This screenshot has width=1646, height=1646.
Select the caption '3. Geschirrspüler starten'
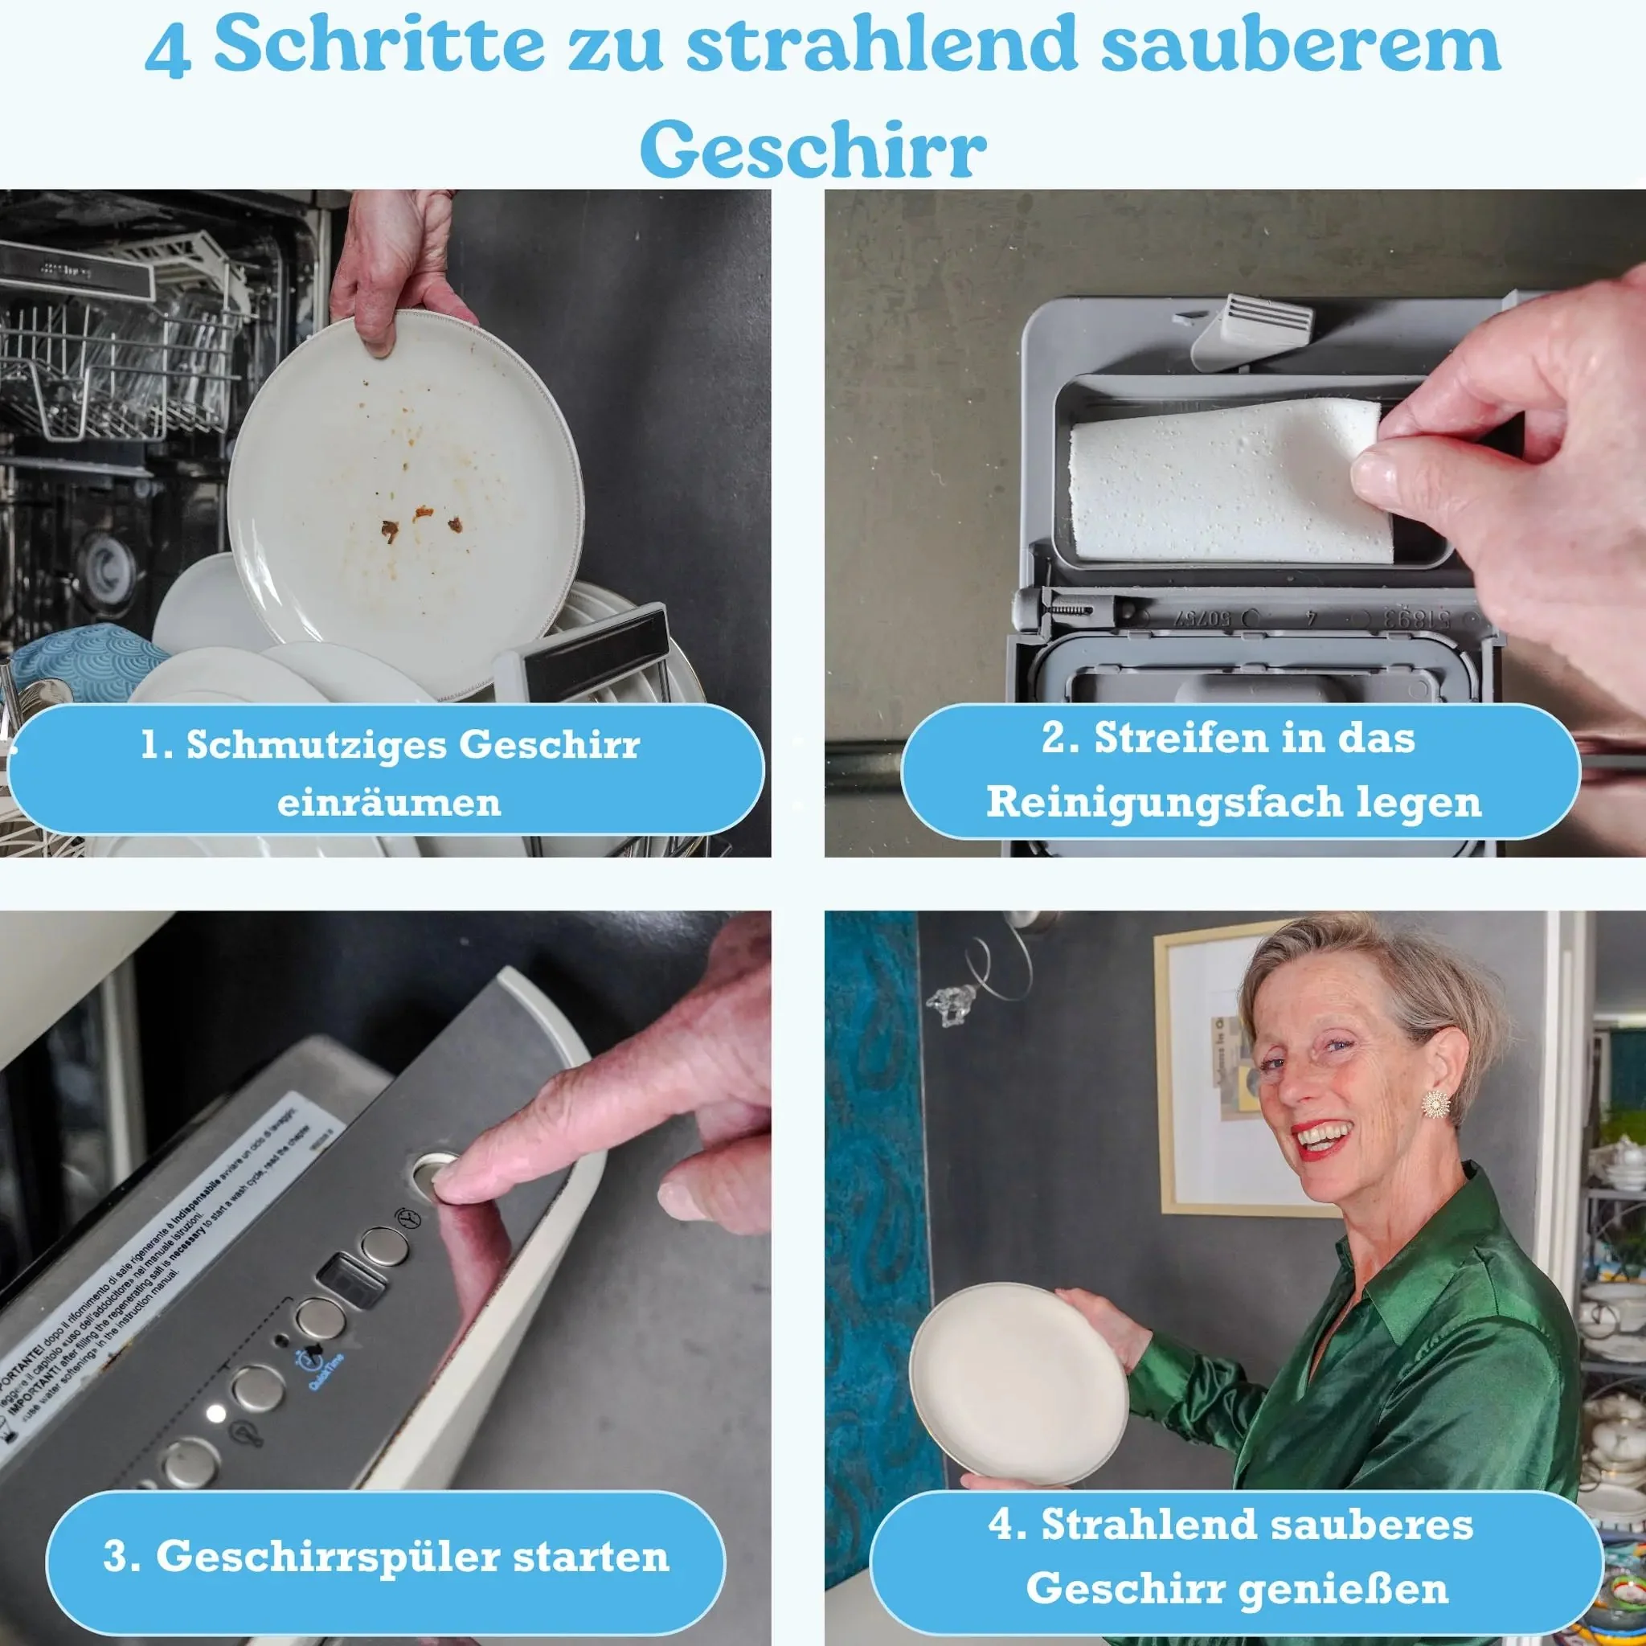click(385, 1557)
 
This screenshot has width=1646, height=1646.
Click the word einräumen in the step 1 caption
click(388, 804)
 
